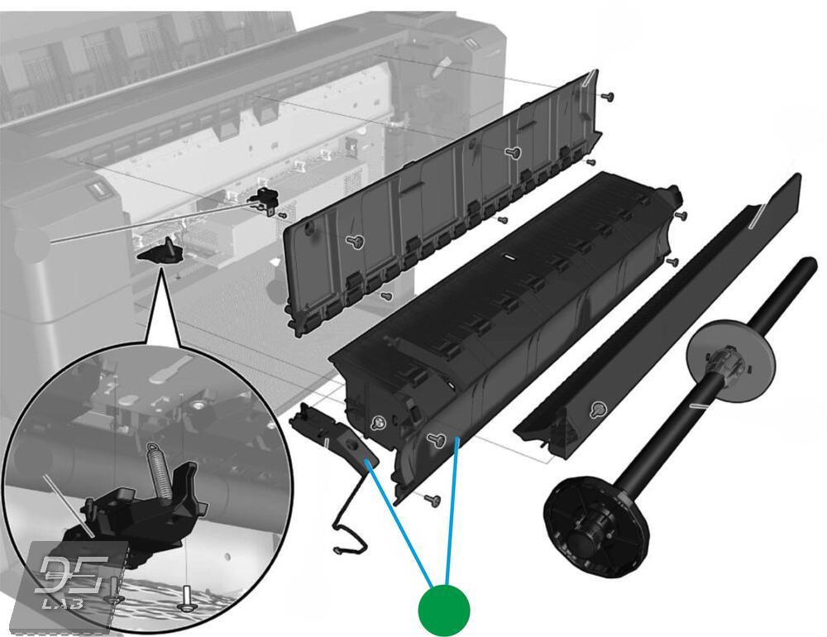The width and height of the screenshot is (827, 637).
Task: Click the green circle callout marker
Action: [443, 611]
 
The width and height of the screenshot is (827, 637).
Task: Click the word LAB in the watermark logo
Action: [63, 602]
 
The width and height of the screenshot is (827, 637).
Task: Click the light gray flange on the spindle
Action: [730, 361]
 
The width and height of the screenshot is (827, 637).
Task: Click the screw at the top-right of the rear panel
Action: [607, 97]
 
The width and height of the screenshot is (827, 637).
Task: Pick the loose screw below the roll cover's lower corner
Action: [433, 499]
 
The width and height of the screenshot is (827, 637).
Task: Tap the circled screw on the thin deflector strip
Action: [598, 409]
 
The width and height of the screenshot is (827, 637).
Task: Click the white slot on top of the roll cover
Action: [509, 257]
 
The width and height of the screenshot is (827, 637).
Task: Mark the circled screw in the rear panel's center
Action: [512, 152]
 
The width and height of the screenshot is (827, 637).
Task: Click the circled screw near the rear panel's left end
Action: [356, 242]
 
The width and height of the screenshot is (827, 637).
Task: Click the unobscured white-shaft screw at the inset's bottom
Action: [185, 598]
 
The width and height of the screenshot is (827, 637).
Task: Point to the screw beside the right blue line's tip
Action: [436, 439]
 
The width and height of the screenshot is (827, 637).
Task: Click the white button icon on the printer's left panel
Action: [97, 190]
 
